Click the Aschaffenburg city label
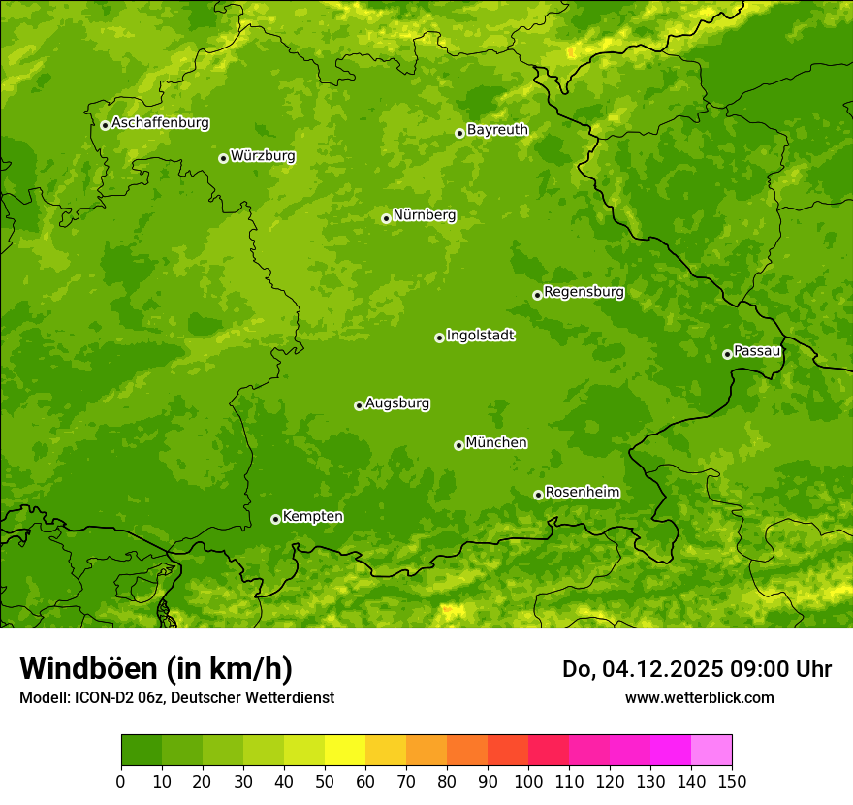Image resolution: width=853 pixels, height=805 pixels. point(160,123)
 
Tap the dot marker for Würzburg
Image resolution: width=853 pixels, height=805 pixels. point(223,158)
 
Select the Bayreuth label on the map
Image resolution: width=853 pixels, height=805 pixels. point(497,130)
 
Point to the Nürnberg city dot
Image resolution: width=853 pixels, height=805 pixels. point(386,218)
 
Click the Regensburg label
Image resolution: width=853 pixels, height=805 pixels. point(584,292)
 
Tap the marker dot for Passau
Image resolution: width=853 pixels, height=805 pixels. point(727,354)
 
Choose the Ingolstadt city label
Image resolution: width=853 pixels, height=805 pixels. point(480,336)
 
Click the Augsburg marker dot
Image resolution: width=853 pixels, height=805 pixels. point(359,405)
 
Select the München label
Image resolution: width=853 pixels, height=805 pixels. point(496,443)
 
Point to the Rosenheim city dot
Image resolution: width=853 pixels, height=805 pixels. point(538,495)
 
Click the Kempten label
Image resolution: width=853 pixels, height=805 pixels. point(312,517)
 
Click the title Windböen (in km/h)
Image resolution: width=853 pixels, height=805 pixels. point(156,668)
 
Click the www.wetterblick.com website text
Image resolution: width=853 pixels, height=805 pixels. point(699,697)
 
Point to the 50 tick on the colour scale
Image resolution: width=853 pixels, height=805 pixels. point(325,781)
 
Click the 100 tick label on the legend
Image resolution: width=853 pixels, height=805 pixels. point(528,781)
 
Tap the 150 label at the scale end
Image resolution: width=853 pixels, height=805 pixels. point(732,781)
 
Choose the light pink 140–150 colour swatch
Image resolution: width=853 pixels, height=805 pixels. point(711,751)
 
